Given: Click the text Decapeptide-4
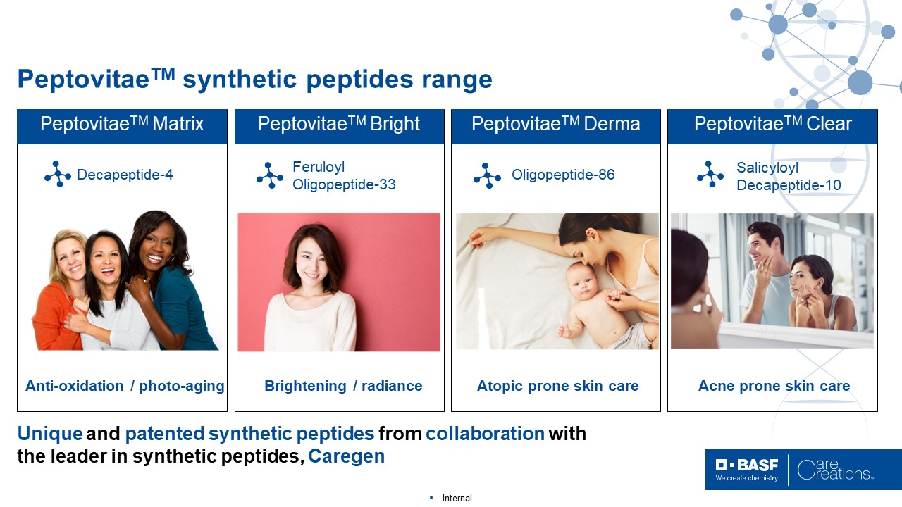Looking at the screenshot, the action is pyautogui.click(x=125, y=175).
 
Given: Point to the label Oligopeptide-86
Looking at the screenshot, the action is pyautogui.click(x=563, y=175).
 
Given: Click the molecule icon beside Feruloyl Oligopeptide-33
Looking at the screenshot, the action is pyautogui.click(x=270, y=175).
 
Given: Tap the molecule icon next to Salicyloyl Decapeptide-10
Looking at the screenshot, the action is pyautogui.click(x=710, y=174).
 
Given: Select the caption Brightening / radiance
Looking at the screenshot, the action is pyautogui.click(x=343, y=386).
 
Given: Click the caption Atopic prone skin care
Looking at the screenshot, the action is pyautogui.click(x=557, y=386).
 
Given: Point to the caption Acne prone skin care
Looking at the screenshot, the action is pyautogui.click(x=774, y=386).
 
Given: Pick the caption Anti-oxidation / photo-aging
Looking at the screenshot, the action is pyautogui.click(x=125, y=386).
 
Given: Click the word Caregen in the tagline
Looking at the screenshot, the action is pyautogui.click(x=346, y=456).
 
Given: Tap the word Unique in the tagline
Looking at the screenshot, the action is pyautogui.click(x=50, y=434).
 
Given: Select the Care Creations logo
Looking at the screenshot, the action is pyautogui.click(x=835, y=470).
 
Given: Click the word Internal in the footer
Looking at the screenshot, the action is pyautogui.click(x=457, y=498).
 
